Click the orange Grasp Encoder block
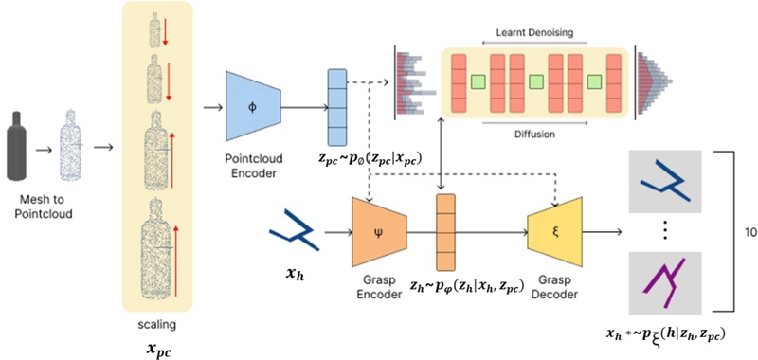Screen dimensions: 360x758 pos(378,232)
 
